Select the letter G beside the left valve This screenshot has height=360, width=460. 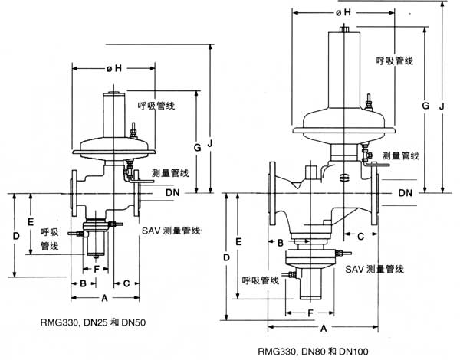[x=197, y=146]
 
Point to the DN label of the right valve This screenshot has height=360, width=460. [x=407, y=193]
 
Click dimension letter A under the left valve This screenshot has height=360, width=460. [x=103, y=296]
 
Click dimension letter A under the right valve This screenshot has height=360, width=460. [x=324, y=327]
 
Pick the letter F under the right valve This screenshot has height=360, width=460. [x=309, y=313]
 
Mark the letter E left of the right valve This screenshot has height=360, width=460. [x=239, y=241]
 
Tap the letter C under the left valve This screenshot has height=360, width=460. [x=127, y=283]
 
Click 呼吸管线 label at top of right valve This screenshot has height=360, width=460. [x=396, y=61]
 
